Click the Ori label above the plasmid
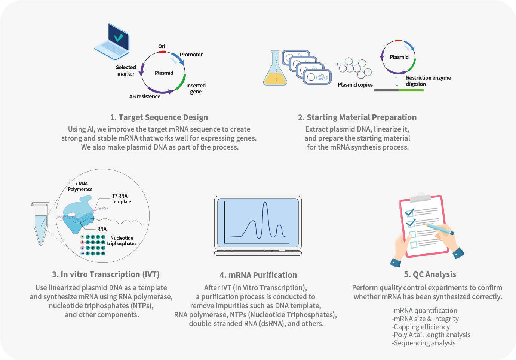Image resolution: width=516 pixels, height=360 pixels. [x=162, y=46]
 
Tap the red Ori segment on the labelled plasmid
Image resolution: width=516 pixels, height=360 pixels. [x=162, y=52]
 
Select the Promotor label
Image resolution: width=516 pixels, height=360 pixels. [x=191, y=55]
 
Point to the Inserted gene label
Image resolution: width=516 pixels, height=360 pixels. [x=196, y=89]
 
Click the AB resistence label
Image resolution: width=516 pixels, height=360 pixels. [x=145, y=96]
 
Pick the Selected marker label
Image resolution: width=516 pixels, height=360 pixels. [x=126, y=70]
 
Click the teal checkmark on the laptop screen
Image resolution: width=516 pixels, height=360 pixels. [x=119, y=37]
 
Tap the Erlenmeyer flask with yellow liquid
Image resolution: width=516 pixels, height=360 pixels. [x=275, y=68]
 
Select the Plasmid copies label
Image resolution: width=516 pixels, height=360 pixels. [x=355, y=85]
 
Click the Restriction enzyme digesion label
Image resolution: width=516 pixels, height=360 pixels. [x=428, y=81]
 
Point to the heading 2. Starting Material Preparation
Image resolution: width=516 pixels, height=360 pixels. [x=357, y=117]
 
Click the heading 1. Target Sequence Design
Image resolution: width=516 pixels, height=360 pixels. [x=159, y=117]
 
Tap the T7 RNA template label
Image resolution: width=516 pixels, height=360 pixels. [x=122, y=199]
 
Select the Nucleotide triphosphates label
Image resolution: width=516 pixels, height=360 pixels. [x=122, y=241]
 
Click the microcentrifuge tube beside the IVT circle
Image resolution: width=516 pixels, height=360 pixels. [x=40, y=224]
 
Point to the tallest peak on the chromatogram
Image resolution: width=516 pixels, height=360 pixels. [x=265, y=203]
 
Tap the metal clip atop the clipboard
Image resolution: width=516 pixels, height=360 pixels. [x=420, y=197]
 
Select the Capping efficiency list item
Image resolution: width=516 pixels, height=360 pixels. [x=421, y=327]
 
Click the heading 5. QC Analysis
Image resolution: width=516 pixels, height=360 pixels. [x=430, y=274]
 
